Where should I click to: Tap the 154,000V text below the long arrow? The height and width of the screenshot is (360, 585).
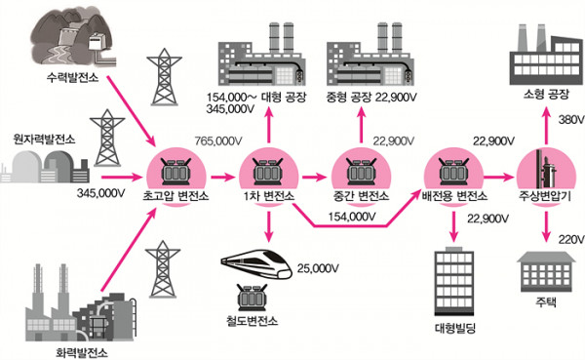(x=354, y=217)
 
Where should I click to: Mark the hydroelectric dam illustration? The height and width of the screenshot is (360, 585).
(x=66, y=34)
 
